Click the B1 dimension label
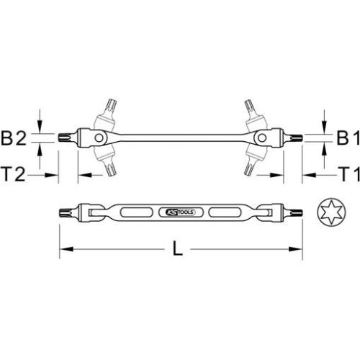click(x=341, y=137)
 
